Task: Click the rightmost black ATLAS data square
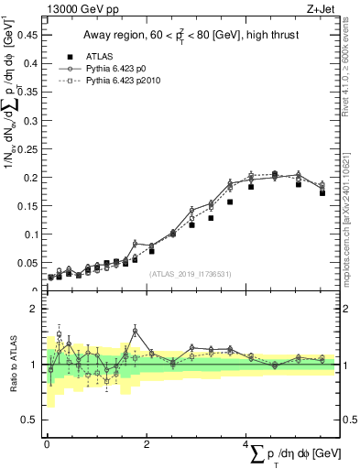[322, 193]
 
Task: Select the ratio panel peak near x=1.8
[135, 331]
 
